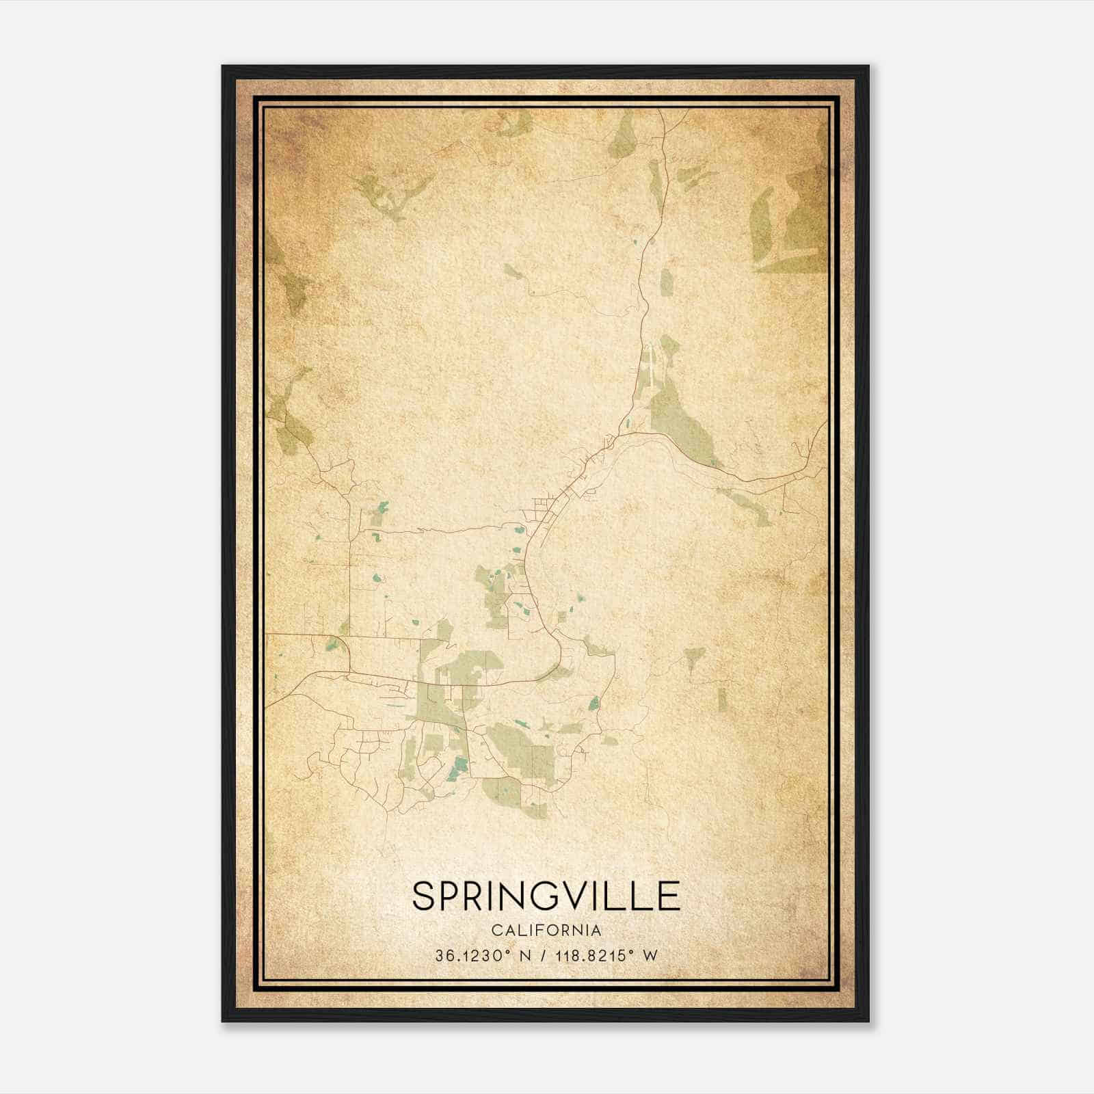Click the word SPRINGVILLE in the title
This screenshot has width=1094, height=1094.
click(546, 896)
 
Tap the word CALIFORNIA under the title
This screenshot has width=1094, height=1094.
click(546, 930)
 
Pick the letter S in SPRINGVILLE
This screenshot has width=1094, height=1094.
click(425, 896)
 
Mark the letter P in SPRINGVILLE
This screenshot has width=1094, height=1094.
click(453, 896)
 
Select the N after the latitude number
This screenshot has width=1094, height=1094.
click(526, 955)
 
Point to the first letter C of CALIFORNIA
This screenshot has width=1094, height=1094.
click(494, 930)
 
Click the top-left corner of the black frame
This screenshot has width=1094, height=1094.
click(223, 67)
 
